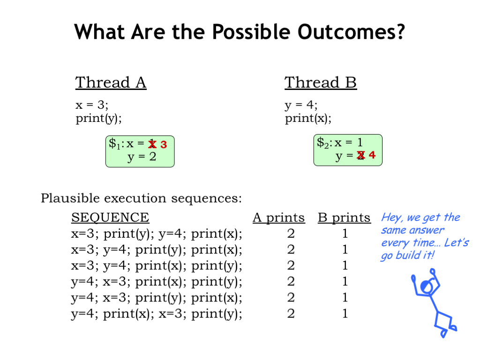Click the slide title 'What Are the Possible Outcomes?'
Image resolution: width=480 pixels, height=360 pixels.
point(240,32)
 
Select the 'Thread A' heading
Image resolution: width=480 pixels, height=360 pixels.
point(111,82)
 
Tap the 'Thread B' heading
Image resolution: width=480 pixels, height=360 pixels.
point(321,82)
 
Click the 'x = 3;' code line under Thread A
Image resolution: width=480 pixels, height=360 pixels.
point(92,105)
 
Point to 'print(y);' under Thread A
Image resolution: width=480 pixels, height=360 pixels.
point(98,118)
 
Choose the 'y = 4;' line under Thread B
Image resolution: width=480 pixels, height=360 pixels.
point(301,105)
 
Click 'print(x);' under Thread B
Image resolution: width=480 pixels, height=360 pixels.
point(308,118)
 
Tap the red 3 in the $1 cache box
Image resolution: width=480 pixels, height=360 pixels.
point(164,144)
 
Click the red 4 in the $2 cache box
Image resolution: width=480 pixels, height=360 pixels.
point(372,155)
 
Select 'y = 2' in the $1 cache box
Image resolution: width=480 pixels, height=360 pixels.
point(142,157)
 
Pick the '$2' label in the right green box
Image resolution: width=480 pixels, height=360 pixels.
point(323,142)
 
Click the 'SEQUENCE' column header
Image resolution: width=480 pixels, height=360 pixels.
point(110,217)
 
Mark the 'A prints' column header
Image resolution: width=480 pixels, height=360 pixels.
point(278,217)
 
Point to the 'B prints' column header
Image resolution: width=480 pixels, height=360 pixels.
point(344,217)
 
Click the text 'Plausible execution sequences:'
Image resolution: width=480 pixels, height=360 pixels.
point(141,198)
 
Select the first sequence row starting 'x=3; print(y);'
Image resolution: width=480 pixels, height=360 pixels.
point(157,234)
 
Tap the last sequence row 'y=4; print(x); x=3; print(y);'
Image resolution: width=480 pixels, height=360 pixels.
point(157,314)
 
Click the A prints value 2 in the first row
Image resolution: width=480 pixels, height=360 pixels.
point(291,233)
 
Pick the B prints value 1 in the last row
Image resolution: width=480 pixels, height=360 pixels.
point(345,314)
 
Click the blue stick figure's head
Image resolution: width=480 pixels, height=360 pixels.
point(427,286)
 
